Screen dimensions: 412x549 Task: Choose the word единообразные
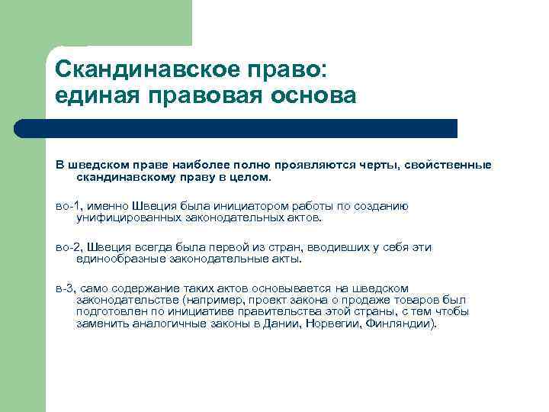[119, 258]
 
